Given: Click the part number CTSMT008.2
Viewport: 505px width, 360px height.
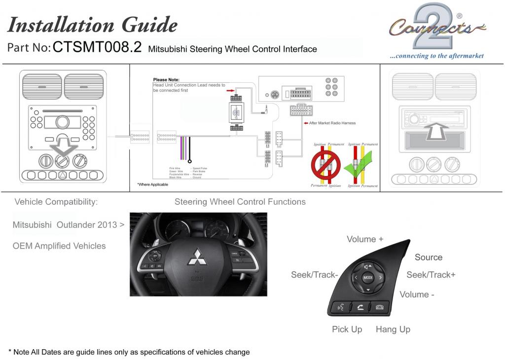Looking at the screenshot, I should click(x=97, y=47).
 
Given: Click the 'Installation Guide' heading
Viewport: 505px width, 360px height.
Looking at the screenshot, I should click(x=92, y=24).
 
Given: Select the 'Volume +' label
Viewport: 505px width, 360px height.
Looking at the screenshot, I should click(x=365, y=239).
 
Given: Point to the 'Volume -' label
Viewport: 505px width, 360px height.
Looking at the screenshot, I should click(x=417, y=294).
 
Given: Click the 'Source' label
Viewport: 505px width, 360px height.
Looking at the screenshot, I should click(x=429, y=257).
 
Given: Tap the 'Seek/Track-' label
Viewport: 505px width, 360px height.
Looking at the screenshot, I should click(x=314, y=275).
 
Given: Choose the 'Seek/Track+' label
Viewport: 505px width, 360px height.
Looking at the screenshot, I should click(x=431, y=275).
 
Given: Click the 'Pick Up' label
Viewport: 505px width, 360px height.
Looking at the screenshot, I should click(x=347, y=329).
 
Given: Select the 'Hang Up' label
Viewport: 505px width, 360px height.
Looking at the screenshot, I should click(x=393, y=329).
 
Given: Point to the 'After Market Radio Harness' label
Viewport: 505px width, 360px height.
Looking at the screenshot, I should click(x=332, y=123).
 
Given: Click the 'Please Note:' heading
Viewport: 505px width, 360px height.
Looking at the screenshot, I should click(x=166, y=79).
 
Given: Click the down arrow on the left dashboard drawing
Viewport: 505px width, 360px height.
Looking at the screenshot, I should click(x=63, y=147).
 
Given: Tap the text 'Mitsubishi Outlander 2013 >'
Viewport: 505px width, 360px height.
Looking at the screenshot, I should click(x=69, y=224).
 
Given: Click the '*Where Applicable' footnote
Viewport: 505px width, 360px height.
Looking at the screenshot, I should click(x=152, y=184).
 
